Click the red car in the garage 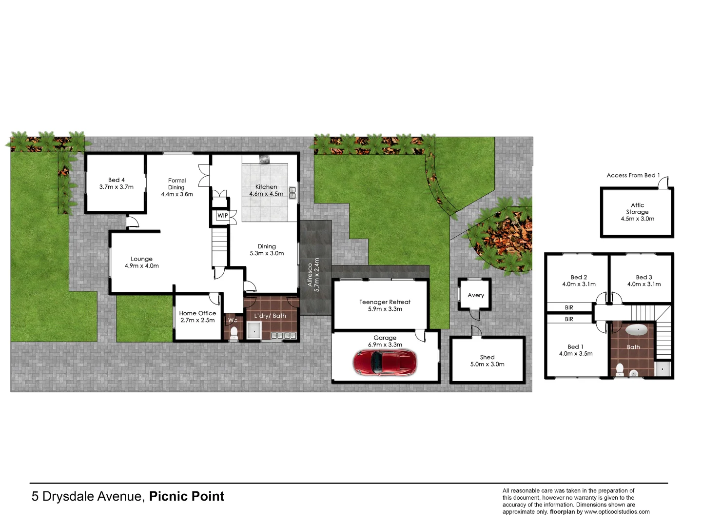385,362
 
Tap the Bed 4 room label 117,180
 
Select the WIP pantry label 223,216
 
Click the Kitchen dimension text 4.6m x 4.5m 266,194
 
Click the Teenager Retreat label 385,302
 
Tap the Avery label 476,295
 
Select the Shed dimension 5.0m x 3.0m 487,365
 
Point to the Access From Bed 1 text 633,175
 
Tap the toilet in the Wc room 234,332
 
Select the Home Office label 197,313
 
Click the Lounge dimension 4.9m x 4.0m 142,266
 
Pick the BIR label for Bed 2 569,307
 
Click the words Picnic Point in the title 187,496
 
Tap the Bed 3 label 644,277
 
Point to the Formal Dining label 177,184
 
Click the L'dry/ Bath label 270,316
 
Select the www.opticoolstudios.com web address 617,512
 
